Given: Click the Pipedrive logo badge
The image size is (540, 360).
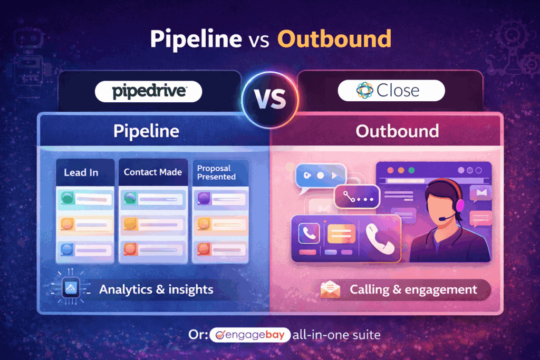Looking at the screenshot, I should click(149, 92).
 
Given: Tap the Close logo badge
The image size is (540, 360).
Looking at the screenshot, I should click(391, 91).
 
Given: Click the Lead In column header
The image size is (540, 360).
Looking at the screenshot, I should click(81, 172).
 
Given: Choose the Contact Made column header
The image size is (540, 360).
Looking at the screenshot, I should click(152, 172).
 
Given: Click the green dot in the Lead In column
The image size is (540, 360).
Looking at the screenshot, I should click(67, 198).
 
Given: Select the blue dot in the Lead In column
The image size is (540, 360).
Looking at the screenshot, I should click(67, 249).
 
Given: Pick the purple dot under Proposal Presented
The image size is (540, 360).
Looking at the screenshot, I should click(203, 198).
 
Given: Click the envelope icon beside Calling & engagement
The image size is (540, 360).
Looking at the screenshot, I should click(330, 289).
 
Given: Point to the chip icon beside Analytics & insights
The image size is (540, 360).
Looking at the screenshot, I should click(71, 288).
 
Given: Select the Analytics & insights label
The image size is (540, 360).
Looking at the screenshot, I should click(156, 289).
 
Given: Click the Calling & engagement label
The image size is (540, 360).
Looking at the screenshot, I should click(413, 289).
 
